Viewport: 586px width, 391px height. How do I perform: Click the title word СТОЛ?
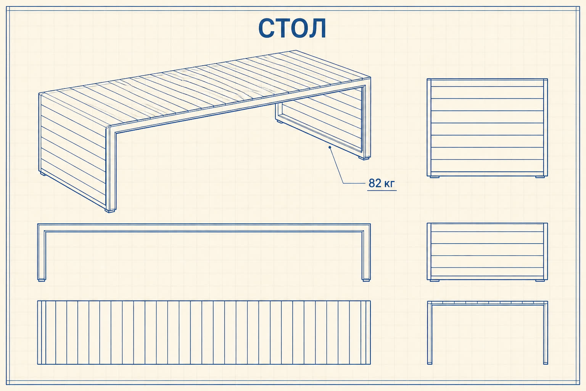292,28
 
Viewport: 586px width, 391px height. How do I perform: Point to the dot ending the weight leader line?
330,147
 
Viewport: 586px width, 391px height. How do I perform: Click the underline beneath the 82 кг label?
382,191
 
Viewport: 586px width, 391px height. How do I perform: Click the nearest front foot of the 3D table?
110,210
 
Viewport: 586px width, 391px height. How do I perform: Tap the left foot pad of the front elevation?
42,280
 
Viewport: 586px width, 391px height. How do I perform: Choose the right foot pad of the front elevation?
366,280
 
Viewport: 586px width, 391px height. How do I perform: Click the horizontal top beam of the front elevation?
204,228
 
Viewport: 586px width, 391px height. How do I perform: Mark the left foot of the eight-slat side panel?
435,177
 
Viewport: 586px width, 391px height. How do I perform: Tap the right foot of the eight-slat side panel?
540,177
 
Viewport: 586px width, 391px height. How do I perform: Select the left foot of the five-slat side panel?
435,281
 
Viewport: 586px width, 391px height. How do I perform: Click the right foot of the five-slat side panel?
540,281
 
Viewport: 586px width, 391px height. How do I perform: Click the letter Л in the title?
317,28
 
